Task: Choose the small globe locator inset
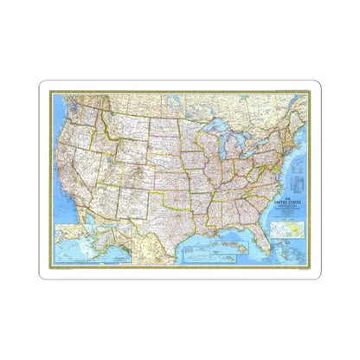pyautogui.click(x=280, y=231)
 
